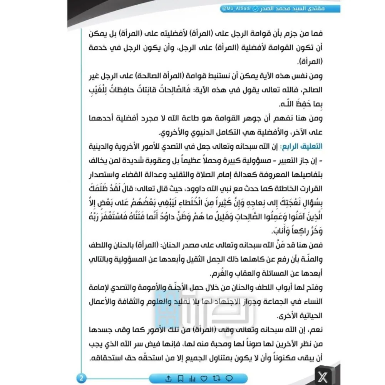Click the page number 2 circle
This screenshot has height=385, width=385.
[x=82, y=376]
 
